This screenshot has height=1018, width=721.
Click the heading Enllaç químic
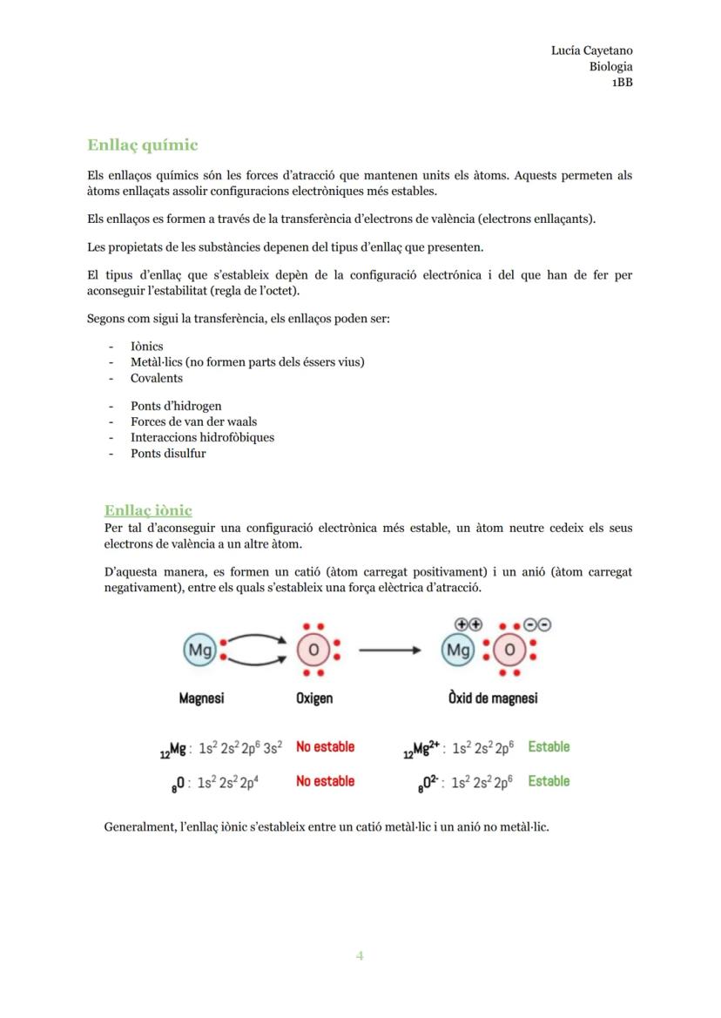(x=143, y=145)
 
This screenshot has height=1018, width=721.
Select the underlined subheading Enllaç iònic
(x=148, y=510)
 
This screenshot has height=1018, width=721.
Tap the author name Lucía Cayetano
(x=591, y=51)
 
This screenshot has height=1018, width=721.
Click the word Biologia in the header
(x=610, y=66)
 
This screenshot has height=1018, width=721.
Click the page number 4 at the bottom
(x=360, y=956)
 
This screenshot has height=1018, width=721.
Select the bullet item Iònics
(x=146, y=347)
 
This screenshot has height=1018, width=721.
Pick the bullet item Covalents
(x=157, y=378)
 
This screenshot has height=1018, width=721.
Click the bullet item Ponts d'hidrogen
(x=176, y=406)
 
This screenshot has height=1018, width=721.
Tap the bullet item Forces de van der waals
(x=193, y=421)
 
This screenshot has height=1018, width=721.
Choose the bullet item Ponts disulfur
(x=168, y=453)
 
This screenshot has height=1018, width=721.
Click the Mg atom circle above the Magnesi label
(x=200, y=650)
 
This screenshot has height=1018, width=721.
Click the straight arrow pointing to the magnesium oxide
(x=391, y=650)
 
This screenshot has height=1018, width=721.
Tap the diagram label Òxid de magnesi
(x=493, y=698)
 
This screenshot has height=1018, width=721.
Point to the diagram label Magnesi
(x=202, y=698)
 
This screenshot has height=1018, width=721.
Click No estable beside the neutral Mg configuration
(x=325, y=747)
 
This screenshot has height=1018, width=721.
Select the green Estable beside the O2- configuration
(x=549, y=781)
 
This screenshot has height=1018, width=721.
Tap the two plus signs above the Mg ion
(x=468, y=624)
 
